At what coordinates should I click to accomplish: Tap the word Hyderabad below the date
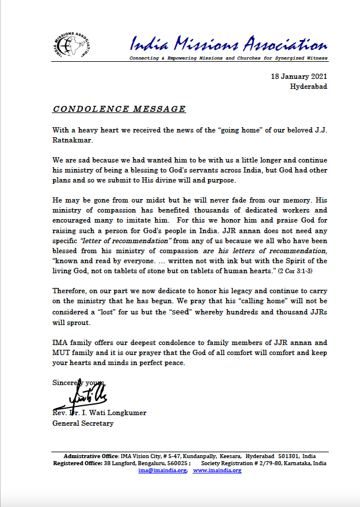[309, 87]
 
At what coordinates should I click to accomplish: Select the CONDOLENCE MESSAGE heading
[120, 109]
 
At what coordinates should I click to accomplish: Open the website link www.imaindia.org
[217, 470]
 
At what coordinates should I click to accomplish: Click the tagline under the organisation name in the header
[229, 59]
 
